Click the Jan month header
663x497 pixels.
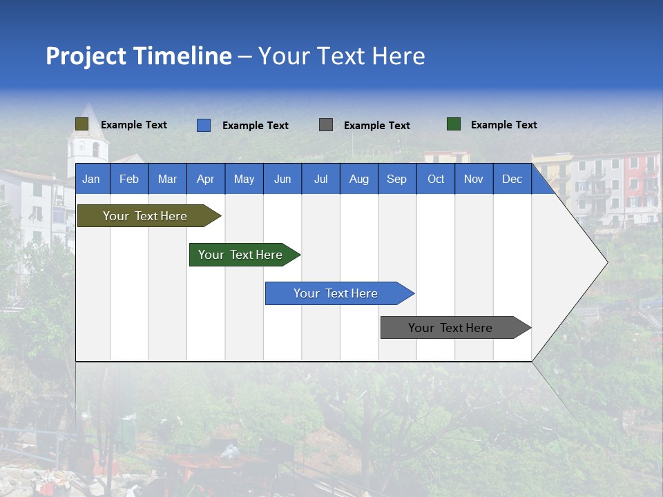92,179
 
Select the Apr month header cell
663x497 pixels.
206,179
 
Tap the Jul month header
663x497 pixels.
320,179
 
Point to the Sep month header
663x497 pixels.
396,179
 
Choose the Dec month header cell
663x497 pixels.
512,179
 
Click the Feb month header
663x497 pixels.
129,179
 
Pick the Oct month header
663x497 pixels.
436,179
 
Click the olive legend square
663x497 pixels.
81,124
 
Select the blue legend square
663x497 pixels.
204,125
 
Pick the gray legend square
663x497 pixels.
326,125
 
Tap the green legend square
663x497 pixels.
454,124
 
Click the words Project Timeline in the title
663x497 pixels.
139,56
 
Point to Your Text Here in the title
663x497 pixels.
342,56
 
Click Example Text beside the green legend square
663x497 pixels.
503,125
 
